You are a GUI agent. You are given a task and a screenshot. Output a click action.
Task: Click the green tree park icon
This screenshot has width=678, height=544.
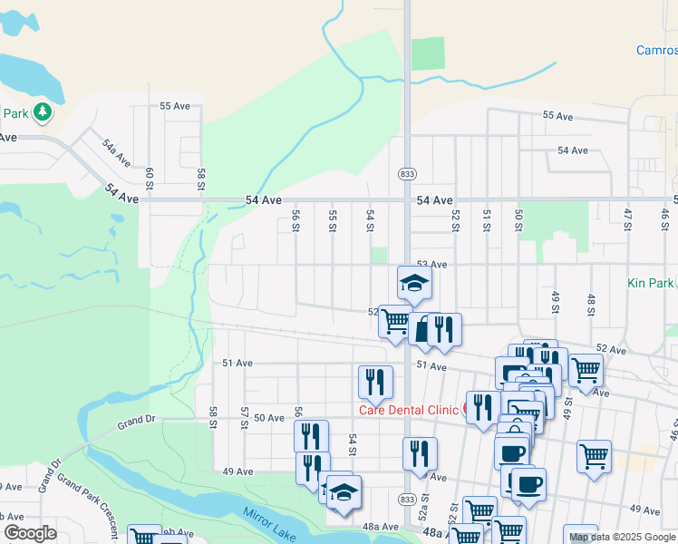pyautogui.click(x=42, y=112)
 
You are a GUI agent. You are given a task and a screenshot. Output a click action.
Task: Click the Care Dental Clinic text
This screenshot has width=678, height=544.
pyautogui.click(x=409, y=410)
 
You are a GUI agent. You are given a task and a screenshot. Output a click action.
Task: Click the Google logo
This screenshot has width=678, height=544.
pyautogui.click(x=29, y=533)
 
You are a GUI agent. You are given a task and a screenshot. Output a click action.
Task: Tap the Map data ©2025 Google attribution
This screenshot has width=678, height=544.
pyautogui.click(x=621, y=537)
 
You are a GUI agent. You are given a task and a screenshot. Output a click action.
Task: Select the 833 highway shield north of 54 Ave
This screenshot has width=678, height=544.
pyautogui.click(x=406, y=172)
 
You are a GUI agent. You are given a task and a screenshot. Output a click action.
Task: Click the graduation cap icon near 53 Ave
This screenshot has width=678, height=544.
pyautogui.click(x=414, y=282)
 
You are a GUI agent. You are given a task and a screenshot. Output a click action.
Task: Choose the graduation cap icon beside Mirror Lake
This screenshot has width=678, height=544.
pyautogui.click(x=344, y=492)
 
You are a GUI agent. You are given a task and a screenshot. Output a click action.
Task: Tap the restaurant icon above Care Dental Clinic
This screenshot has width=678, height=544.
pyautogui.click(x=374, y=381)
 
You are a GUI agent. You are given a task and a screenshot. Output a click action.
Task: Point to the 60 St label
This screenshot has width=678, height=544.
pyautogui.click(x=150, y=177)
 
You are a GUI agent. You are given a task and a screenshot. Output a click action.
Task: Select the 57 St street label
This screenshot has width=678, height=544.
pyautogui.click(x=244, y=416)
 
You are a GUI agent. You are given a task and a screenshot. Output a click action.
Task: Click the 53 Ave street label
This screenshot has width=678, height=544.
pyautogui.click(x=432, y=264)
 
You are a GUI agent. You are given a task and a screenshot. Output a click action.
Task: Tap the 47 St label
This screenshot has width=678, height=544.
pyautogui.click(x=627, y=218)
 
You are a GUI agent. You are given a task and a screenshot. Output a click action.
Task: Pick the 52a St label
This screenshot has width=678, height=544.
pyautogui.click(x=422, y=514)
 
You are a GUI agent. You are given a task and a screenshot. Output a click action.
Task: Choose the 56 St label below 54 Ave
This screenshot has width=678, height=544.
pyautogui.click(x=295, y=220)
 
